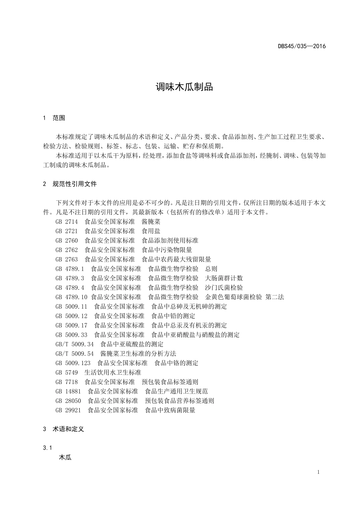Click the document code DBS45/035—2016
point(302,46)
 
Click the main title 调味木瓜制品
point(185,87)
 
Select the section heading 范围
point(59,118)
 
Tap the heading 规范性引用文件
point(75,184)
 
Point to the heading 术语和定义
point(68,429)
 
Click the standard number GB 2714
point(67,222)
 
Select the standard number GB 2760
point(67,240)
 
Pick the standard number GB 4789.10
point(71,297)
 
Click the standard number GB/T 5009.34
point(74,344)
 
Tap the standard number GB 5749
point(67,372)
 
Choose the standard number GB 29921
point(68,410)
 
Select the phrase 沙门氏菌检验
point(224,287)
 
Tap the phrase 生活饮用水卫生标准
point(113,372)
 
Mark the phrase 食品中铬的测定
point(176,363)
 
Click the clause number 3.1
point(47,448)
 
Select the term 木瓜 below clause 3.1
point(65,457)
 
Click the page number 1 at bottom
point(318,472)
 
